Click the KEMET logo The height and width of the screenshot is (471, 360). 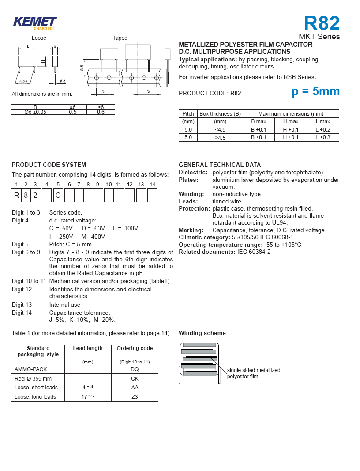point(35,22)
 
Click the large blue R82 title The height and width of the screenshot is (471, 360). point(322,23)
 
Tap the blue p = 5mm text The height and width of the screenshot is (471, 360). point(315,91)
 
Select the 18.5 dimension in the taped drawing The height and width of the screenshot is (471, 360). point(82,69)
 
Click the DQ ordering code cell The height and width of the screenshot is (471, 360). point(135,369)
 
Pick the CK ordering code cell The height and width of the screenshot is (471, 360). point(135,378)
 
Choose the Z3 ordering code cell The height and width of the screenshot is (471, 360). point(135,397)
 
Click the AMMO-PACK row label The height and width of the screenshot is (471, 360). point(30,369)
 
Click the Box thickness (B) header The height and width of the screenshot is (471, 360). point(220,114)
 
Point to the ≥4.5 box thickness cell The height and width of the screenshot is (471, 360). point(220,138)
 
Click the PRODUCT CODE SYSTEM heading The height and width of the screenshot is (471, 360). point(49,165)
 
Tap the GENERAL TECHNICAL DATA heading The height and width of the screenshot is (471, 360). point(220,165)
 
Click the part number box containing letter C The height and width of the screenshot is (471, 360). point(58,195)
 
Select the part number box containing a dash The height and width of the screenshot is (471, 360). point(141,195)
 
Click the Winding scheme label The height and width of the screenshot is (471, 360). point(202,333)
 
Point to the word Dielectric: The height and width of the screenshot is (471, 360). point(193,173)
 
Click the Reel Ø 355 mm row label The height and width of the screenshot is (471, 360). point(33,378)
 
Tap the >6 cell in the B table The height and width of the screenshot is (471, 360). point(100,107)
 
